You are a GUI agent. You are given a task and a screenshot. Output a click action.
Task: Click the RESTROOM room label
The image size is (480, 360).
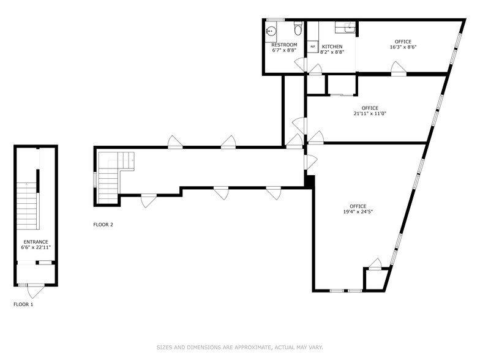tap(284, 45)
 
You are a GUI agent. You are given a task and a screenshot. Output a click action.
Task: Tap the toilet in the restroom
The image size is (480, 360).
tap(298, 28)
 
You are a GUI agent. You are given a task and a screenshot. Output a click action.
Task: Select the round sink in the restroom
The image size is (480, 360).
tap(271, 31)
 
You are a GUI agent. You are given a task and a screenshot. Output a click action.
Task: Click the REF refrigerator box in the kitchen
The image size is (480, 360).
tap(313, 47)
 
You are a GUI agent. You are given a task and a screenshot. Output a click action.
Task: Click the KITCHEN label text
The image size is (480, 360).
tap(332, 47)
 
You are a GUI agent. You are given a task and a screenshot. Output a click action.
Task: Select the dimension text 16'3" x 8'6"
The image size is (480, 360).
tap(403, 47)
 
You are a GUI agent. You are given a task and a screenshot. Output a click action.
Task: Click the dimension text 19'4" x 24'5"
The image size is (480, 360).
tap(358, 212)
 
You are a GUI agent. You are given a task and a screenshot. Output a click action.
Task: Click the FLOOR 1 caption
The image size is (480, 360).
tap(23, 304)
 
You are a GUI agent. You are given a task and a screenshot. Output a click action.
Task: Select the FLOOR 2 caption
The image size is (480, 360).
tap(103, 225)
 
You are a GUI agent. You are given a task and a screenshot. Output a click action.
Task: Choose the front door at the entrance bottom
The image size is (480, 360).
tap(36, 290)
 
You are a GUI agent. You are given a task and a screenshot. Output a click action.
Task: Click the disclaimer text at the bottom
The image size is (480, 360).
tap(239, 347)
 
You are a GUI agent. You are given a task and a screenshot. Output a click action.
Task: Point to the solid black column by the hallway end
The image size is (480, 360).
tap(310, 181)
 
